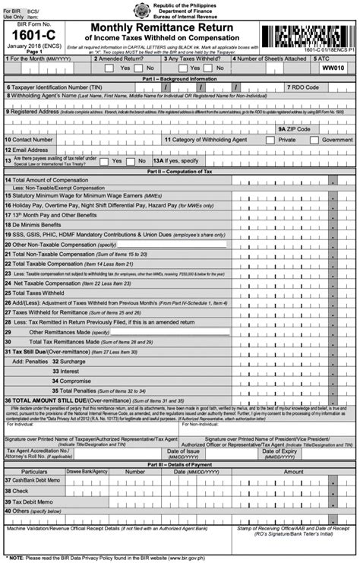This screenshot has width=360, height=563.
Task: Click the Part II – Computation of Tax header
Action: click(x=180, y=193)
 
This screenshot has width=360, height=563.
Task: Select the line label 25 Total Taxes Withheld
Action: click(x=38, y=314)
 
